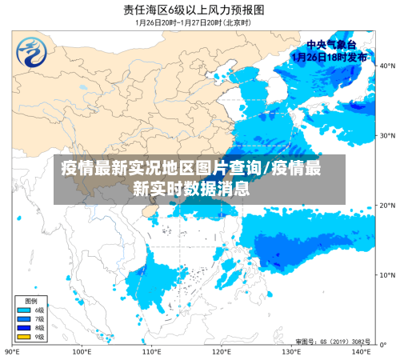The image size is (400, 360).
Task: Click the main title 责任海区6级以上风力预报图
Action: pos(194,10)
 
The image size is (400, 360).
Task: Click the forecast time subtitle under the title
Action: pos(194,22)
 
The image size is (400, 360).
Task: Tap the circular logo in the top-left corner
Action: pos(33,53)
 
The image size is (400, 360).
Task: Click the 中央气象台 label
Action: pos(330,45)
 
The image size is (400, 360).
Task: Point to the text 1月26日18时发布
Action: pos(330,57)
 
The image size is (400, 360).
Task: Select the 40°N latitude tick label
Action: pos(388,66)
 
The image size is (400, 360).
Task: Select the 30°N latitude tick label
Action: pos(388,135)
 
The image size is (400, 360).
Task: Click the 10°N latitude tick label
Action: pos(388,274)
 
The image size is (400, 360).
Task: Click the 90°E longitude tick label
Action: pos(12,351)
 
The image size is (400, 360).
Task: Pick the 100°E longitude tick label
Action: pos(82,351)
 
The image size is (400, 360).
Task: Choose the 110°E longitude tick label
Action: pos(151,351)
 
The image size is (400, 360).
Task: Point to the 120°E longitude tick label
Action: pos(222,351)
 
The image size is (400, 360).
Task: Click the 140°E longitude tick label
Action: pos(361,351)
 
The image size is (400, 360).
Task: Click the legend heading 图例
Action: pos(30,300)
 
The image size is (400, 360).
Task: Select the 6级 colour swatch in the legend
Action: pos(23,310)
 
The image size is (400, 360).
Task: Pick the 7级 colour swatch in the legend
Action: pos(23,318)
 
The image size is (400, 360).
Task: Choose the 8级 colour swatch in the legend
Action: pos(23,326)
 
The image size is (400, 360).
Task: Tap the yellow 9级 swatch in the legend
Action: pos(23,335)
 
